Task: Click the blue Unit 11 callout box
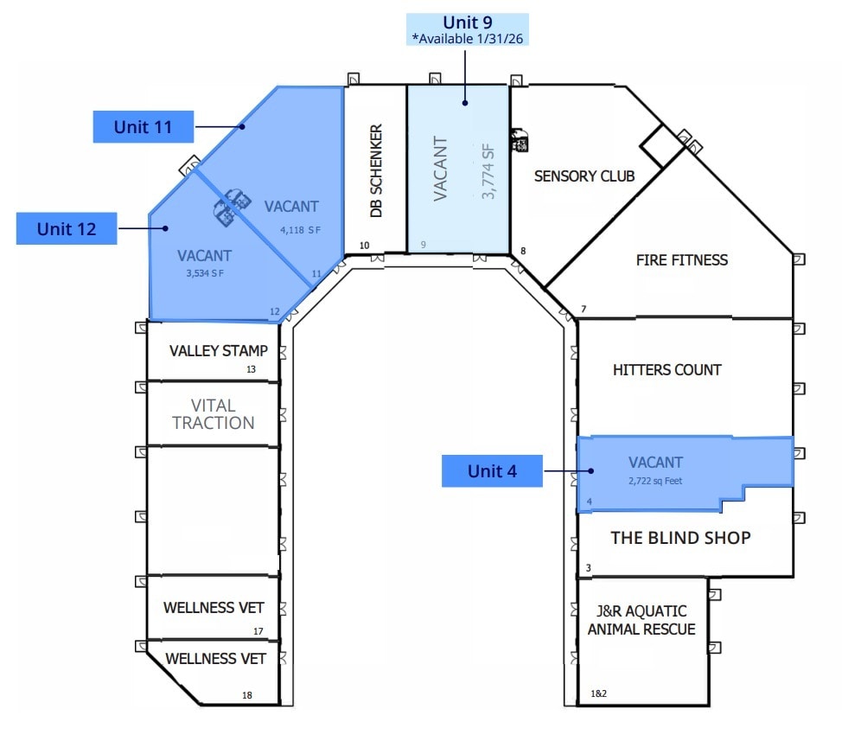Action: point(143,127)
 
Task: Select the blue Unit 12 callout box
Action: point(67,229)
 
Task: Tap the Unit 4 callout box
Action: point(492,471)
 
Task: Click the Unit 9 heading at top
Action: point(468,22)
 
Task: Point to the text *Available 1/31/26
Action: point(468,38)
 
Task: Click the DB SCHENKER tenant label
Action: point(376,171)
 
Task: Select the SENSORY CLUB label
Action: point(584,176)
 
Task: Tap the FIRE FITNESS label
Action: point(681,259)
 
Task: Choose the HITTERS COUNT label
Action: point(667,369)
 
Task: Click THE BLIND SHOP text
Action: point(680,537)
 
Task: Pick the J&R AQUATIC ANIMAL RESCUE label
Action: point(641,620)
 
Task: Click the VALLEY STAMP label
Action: point(219,351)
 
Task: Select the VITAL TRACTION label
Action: point(213,414)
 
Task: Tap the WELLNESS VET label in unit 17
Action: point(214,608)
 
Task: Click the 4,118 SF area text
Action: point(299,230)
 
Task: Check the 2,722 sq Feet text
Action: point(656,480)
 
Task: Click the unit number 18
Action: point(247,694)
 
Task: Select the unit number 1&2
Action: point(597,693)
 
